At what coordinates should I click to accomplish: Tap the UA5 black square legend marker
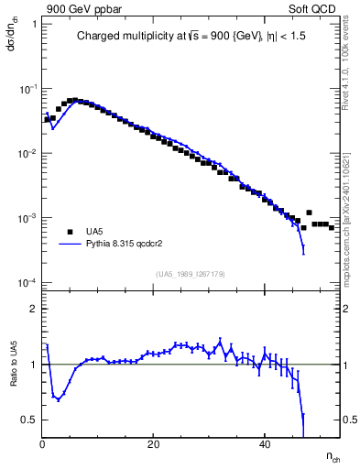click(65, 233)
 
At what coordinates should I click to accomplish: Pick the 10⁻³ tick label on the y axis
click(27, 218)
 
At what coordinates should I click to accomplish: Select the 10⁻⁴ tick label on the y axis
click(27, 283)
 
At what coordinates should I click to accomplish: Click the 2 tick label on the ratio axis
click(33, 309)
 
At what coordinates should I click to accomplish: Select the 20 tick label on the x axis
click(153, 445)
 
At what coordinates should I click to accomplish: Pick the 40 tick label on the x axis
click(265, 445)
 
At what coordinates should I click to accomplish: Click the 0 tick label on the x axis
click(42, 445)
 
